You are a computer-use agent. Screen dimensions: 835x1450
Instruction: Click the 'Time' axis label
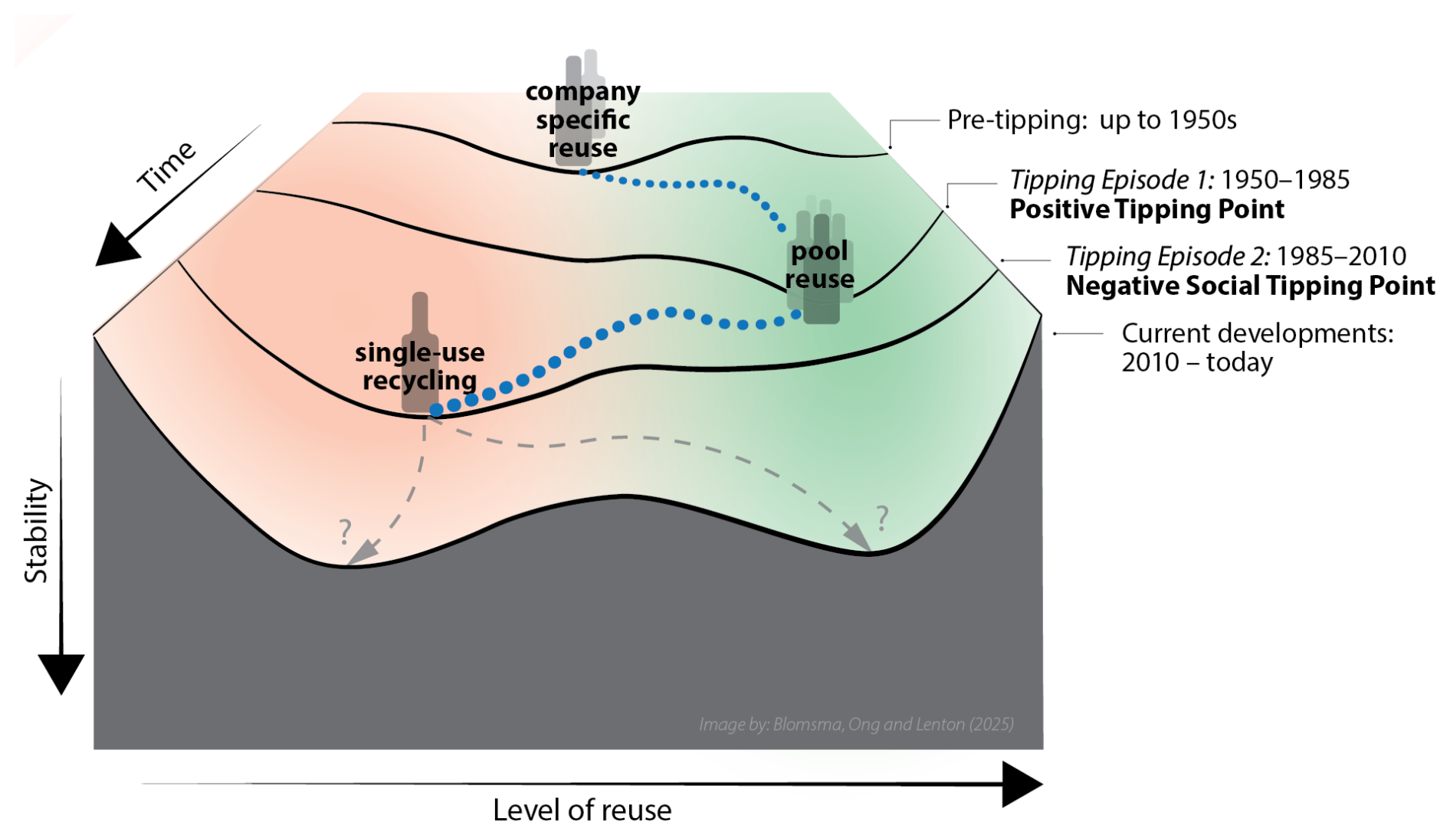(x=166, y=166)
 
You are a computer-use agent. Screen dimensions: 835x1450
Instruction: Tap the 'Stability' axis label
(x=36, y=531)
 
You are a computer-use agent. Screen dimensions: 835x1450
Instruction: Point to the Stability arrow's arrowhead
(x=61, y=673)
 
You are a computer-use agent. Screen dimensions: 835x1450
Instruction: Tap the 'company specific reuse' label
(x=582, y=120)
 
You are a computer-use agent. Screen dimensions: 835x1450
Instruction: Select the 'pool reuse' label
(x=819, y=265)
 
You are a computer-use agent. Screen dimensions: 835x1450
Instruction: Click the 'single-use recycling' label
(x=419, y=366)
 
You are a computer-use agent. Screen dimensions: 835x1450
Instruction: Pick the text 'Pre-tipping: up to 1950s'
(x=1091, y=120)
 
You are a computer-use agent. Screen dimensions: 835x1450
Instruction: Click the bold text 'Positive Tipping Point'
(x=1147, y=209)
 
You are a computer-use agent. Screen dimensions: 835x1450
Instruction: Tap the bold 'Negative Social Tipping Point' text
(x=1250, y=286)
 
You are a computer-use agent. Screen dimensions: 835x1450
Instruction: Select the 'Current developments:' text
(x=1257, y=333)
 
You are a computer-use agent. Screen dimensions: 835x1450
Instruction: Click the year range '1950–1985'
(x=1284, y=180)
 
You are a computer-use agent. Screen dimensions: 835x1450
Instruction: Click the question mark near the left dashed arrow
(x=345, y=531)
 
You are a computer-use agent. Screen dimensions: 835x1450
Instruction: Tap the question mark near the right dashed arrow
(x=882, y=519)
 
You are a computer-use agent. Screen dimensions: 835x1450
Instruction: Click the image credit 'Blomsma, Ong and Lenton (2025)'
(x=893, y=724)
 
